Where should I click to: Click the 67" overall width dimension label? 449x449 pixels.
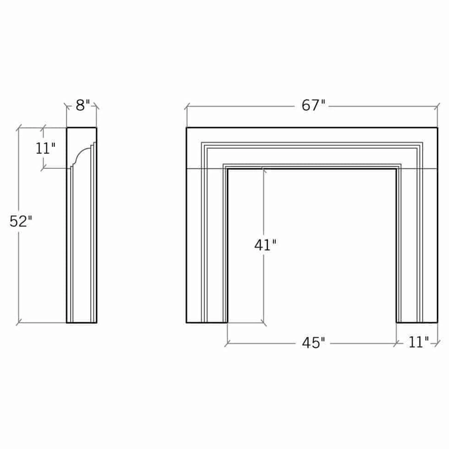pos(313,105)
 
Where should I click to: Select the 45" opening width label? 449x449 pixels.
pos(313,343)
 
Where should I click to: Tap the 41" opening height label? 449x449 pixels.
pos(265,245)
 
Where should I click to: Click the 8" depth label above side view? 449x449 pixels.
pos(82,105)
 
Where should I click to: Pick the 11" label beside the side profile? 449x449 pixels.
pos(45,148)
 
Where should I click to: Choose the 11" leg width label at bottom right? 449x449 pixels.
pos(418,342)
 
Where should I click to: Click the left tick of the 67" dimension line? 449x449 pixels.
pos(187,107)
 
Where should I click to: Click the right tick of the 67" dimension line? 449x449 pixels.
pos(437,107)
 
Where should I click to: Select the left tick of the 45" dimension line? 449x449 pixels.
pos(228,343)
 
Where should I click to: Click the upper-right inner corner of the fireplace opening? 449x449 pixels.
pos(396,170)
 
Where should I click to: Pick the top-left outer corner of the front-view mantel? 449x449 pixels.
pos(187,128)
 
